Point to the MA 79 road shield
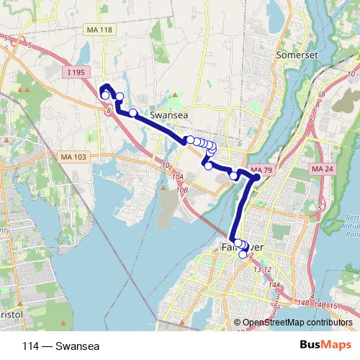tap(263, 170)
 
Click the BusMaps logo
tap(320, 345)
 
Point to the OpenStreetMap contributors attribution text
tap(297, 323)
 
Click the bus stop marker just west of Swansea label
tap(133, 112)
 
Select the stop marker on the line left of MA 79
tap(233, 176)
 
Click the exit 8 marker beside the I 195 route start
tap(106, 110)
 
